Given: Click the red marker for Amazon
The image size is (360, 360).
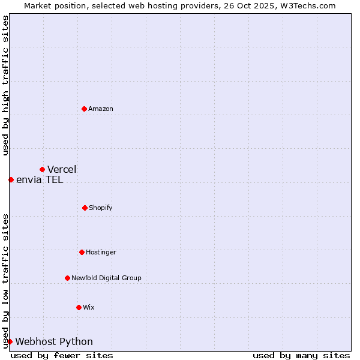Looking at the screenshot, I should pos(84,109).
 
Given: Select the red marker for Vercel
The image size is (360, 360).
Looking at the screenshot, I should pos(42,169).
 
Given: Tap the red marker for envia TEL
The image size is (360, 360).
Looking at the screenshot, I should pos(11,179).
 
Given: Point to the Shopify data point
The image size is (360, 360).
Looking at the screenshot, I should pos(85,208).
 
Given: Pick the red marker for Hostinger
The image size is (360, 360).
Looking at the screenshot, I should pos(82,252).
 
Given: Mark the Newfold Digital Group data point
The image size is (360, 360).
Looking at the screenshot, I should pos(67,278).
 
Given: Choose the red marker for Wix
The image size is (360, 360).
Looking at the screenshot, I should pos(79,307).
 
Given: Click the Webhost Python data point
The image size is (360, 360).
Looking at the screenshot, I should pos(10,341).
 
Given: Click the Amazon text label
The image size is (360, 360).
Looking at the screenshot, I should pos(101,109).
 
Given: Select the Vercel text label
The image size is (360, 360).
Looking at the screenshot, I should pos(62,169).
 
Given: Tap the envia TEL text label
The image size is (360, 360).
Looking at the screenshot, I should pos(40,179).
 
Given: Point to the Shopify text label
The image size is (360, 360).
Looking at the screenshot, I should pos(101,208).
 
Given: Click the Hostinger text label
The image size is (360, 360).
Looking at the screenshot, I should pos(101,252).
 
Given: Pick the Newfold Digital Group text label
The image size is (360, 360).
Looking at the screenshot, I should pos(106,278).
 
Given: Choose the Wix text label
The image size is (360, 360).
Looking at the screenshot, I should pos(88,307).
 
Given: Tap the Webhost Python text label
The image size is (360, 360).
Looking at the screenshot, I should pos(54,341).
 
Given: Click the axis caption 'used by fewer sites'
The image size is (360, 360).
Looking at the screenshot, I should pos(62,355).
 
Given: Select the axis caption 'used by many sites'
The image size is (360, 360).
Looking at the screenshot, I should pos(301,355).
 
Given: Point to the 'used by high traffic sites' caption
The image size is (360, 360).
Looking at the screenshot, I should pos(5,85).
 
